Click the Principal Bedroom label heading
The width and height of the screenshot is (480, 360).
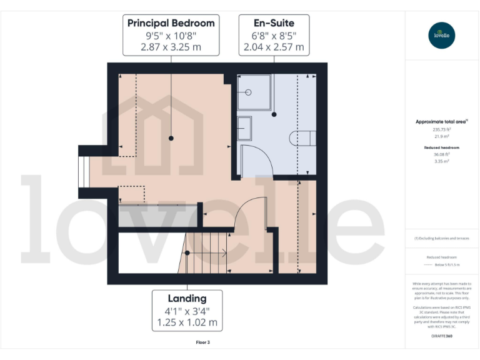tap(171, 23)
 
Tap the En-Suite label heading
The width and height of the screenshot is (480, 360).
tap(274, 23)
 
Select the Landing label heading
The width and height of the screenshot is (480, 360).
tap(186, 298)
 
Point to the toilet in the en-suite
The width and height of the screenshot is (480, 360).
tap(298, 137)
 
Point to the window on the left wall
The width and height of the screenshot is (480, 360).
tap(81, 172)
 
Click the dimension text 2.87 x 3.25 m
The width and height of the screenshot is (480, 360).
tap(171, 47)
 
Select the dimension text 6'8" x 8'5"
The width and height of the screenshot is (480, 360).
tap(274, 36)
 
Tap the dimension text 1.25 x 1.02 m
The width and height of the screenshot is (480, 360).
tap(186, 322)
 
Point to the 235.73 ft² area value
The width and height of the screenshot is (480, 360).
tap(442, 129)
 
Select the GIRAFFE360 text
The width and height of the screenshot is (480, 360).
tap(442, 336)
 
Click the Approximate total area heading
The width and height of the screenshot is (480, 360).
tap(441, 121)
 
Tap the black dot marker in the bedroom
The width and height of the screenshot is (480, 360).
tap(171, 137)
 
